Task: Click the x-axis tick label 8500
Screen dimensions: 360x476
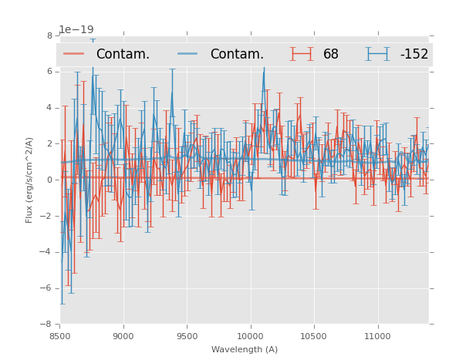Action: pyautogui.click(x=59, y=336)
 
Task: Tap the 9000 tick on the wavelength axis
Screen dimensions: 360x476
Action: pyautogui.click(x=123, y=336)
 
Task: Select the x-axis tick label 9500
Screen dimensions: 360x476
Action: pyautogui.click(x=187, y=336)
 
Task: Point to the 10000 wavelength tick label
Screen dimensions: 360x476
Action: pyautogui.click(x=250, y=336)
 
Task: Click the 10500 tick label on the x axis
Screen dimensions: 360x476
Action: pyautogui.click(x=313, y=336)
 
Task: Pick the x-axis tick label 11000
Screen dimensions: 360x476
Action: pyautogui.click(x=377, y=336)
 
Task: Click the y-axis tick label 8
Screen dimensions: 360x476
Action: pyautogui.click(x=49, y=35)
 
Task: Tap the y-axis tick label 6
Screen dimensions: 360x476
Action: pyautogui.click(x=49, y=72)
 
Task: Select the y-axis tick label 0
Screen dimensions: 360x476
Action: pyautogui.click(x=49, y=180)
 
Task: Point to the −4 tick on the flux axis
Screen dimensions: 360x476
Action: pyautogui.click(x=47, y=252)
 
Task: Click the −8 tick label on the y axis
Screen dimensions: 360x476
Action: pyautogui.click(x=47, y=325)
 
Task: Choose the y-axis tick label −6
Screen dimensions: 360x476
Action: pyautogui.click(x=47, y=288)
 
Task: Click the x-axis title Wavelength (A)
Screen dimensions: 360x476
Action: pyautogui.click(x=244, y=349)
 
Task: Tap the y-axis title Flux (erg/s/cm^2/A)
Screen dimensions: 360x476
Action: pyautogui.click(x=29, y=180)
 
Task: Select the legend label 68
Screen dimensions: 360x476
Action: pyautogui.click(x=331, y=55)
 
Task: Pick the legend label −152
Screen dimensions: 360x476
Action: pyautogui.click(x=414, y=55)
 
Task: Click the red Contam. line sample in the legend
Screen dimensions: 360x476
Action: pyautogui.click(x=75, y=54)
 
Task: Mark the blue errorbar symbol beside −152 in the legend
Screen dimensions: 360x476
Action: pyautogui.click(x=377, y=54)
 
